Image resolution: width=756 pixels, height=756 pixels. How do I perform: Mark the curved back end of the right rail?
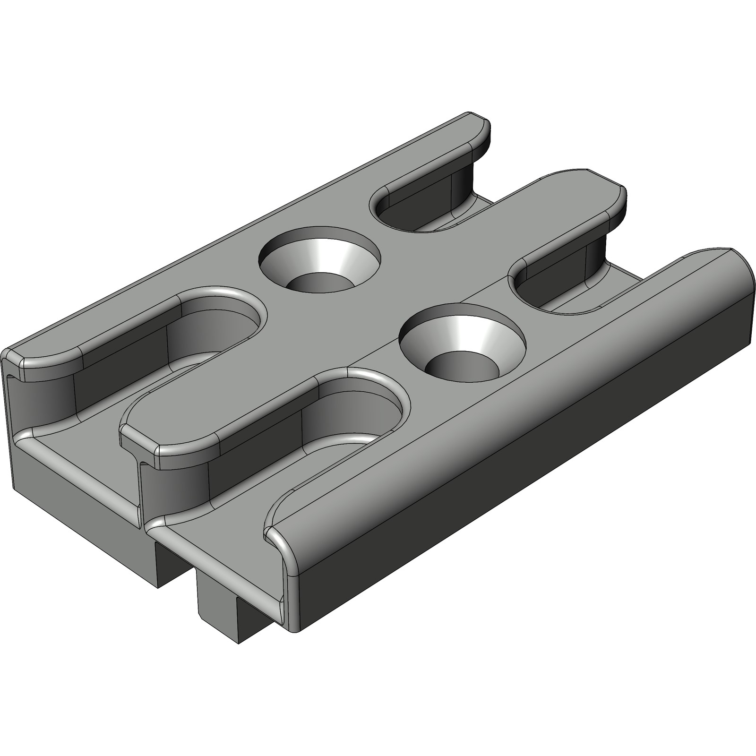tap(742, 283)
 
